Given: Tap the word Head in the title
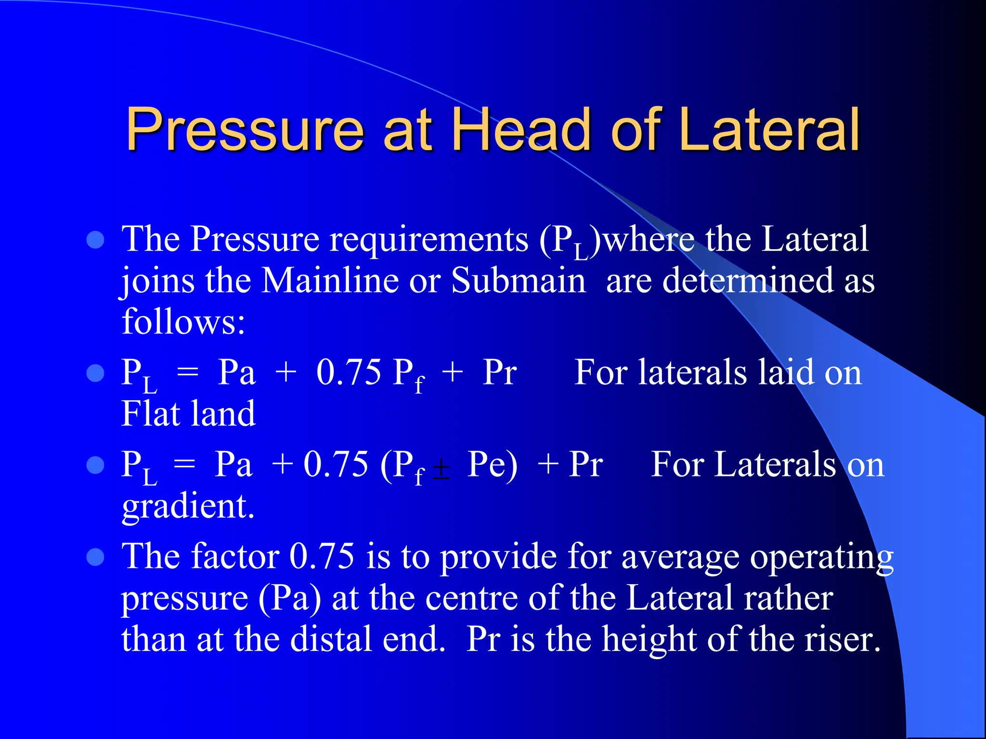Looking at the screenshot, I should coord(521,129).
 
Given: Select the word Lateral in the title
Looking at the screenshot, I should coord(770,129).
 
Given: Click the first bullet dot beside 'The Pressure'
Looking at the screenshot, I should coord(96,240).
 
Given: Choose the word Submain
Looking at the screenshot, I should coord(518,280).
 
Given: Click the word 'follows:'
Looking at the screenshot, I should coord(183,321).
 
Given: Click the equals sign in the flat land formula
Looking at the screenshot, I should coord(188,373).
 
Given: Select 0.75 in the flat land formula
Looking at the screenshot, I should coord(349,372).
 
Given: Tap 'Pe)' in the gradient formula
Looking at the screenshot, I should coord(492,465).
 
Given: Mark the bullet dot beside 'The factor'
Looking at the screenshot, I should coord(96,557).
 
